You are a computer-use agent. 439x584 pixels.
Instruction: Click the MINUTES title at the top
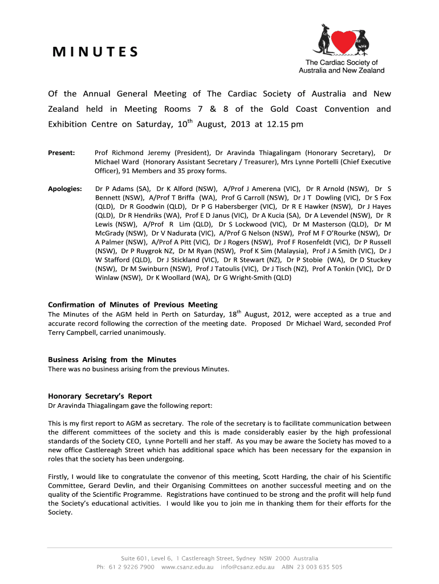(x=95, y=52)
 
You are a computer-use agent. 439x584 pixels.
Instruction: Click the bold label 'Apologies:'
(x=65, y=188)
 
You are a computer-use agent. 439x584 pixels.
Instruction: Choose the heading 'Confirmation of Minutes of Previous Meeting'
(x=132, y=305)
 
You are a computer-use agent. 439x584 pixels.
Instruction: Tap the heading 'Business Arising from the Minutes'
(x=112, y=359)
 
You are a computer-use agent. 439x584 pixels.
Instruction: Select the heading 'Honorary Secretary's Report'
(x=100, y=396)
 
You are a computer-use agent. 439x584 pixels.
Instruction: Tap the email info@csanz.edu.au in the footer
(x=251, y=567)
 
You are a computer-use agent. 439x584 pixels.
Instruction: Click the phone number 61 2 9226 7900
(x=132, y=567)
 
